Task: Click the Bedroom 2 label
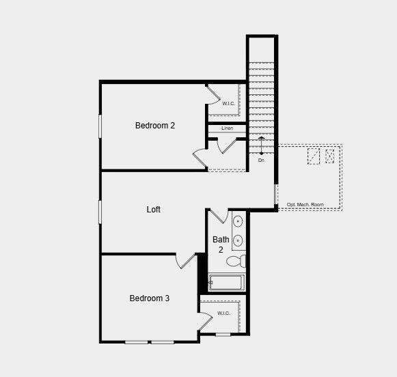coord(155,126)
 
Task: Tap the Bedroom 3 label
coord(150,298)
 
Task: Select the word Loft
coord(154,210)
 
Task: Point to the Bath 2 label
coord(221,245)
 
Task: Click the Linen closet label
coord(228,128)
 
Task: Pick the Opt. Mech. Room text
coord(305,205)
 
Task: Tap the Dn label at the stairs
coord(261,161)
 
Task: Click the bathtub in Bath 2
coord(227,282)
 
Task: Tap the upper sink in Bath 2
coord(238,221)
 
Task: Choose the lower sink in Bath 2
coord(238,240)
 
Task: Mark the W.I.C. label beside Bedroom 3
coord(224,313)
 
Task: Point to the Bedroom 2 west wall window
coord(100,126)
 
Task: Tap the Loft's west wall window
coord(100,211)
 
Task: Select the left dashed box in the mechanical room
coord(313,156)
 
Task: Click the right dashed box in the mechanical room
coord(330,156)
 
